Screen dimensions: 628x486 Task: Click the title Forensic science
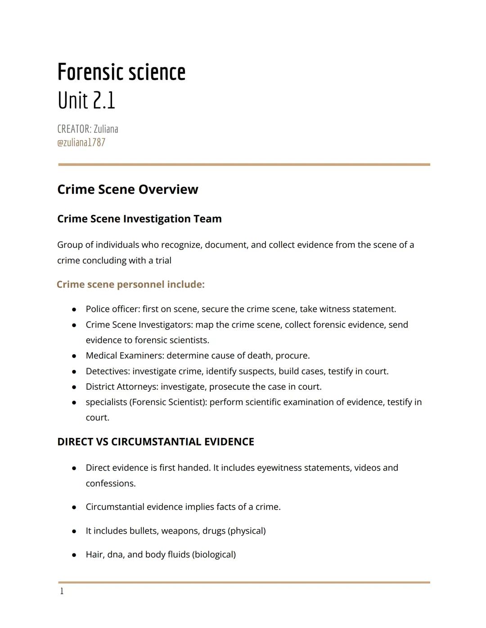[121, 72]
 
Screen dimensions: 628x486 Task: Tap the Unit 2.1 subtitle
[86, 100]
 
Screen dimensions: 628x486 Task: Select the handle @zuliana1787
[81, 143]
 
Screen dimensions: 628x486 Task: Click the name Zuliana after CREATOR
[106, 129]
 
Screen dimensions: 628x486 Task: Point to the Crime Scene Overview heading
[127, 189]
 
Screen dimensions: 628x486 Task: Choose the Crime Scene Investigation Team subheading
[139, 219]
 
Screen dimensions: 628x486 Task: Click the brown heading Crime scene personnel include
[130, 285]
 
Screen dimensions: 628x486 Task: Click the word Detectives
[106, 371]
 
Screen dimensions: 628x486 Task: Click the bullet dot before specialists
[74, 403]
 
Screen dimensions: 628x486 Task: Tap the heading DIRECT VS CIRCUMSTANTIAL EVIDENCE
[156, 442]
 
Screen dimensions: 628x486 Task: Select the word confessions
[110, 484]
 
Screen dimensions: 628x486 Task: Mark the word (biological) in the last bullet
[214, 555]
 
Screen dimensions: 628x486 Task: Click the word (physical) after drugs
[247, 531]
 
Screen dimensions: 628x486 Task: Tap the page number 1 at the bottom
[62, 592]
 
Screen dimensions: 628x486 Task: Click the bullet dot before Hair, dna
[74, 555]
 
